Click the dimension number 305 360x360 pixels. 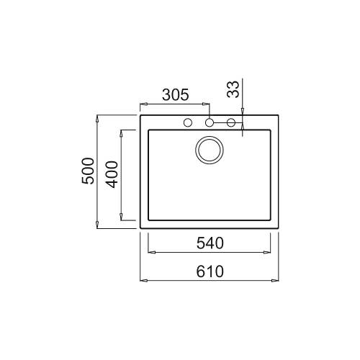(175, 94)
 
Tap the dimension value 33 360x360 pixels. (232, 89)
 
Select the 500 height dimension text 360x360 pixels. (88, 171)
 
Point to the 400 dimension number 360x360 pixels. (111, 174)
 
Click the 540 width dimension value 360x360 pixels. (210, 243)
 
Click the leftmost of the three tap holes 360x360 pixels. (187, 122)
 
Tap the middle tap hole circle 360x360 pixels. (210, 122)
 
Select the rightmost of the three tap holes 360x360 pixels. (232, 122)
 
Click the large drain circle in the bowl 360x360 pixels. (210, 150)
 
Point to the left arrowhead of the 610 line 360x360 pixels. (141, 280)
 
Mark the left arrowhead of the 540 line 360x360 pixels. (150, 252)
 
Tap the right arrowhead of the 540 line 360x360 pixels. (271, 252)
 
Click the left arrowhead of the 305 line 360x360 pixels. (141, 103)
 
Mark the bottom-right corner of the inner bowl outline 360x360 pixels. (271, 220)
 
